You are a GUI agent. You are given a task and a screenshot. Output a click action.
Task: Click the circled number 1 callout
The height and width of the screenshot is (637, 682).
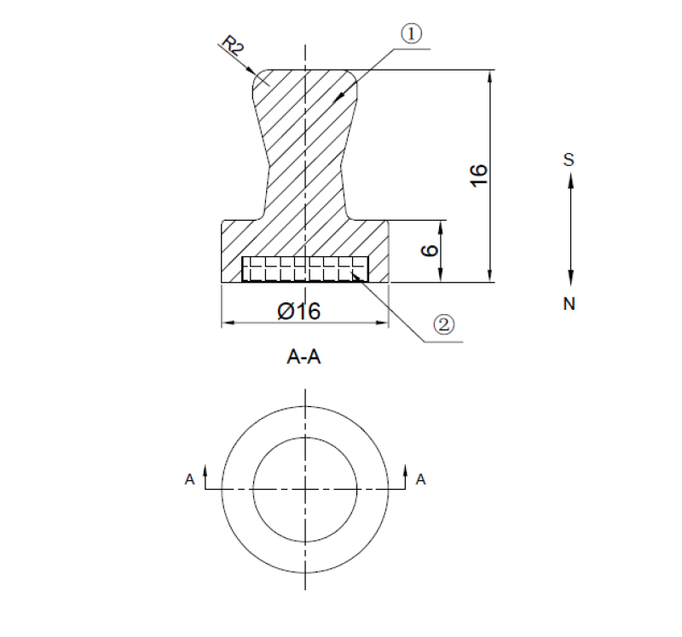click(x=411, y=34)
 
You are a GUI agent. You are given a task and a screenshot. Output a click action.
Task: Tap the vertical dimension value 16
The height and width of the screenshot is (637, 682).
click(x=478, y=174)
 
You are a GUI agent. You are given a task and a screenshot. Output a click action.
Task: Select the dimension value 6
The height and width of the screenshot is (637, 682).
click(x=431, y=250)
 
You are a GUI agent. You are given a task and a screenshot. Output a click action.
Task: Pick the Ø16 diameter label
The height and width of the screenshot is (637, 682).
click(x=298, y=312)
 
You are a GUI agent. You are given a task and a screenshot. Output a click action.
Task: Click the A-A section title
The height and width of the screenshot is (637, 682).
click(x=303, y=358)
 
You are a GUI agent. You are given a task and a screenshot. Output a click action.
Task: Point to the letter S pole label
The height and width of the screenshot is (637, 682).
click(x=569, y=159)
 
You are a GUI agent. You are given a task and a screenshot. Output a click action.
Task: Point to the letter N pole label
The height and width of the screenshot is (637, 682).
click(x=569, y=303)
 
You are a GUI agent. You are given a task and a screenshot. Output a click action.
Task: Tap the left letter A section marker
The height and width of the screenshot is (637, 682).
click(x=188, y=480)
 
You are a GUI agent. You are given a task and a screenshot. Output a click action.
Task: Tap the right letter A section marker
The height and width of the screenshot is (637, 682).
click(x=419, y=480)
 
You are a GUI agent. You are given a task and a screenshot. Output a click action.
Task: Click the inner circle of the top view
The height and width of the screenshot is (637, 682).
click(x=305, y=439)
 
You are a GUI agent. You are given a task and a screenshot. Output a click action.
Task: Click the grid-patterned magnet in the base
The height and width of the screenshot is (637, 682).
click(x=305, y=269)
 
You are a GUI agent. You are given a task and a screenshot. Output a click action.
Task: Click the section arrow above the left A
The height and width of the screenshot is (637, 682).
click(x=205, y=470)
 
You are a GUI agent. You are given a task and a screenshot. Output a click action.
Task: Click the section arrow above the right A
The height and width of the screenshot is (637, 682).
click(x=406, y=470)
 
